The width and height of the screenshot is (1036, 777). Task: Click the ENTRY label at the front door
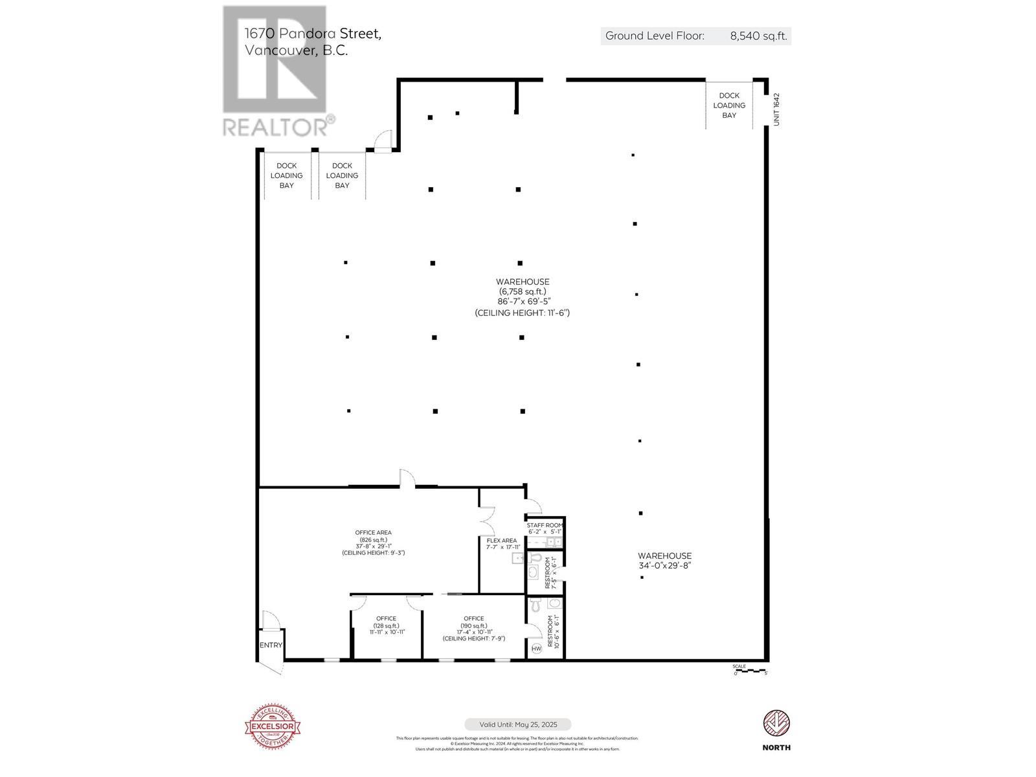pyautogui.click(x=271, y=645)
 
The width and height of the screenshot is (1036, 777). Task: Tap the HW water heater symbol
pyautogui.click(x=536, y=649)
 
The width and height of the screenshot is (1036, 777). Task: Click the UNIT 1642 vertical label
pyautogui.click(x=776, y=109)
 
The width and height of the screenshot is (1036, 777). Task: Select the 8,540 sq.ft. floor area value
pyautogui.click(x=758, y=36)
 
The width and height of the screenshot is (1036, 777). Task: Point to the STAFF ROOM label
pyautogui.click(x=545, y=525)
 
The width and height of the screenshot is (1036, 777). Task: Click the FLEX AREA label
pyautogui.click(x=502, y=541)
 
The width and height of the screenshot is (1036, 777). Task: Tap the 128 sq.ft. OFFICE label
pyautogui.click(x=387, y=625)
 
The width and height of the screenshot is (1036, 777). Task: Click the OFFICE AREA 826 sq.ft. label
pyautogui.click(x=373, y=543)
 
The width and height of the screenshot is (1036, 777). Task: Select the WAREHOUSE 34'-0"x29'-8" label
pyautogui.click(x=664, y=561)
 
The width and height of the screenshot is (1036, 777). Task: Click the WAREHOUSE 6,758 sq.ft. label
pyautogui.click(x=522, y=297)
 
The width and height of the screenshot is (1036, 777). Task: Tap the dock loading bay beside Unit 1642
pyautogui.click(x=729, y=106)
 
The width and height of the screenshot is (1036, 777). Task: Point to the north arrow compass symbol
pyautogui.click(x=776, y=724)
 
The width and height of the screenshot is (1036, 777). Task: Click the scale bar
pyautogui.click(x=750, y=671)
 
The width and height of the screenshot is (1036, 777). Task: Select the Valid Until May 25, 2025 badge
pyautogui.click(x=517, y=725)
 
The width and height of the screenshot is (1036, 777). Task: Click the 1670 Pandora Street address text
pyautogui.click(x=313, y=34)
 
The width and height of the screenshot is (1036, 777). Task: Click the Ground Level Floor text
pyautogui.click(x=654, y=36)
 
